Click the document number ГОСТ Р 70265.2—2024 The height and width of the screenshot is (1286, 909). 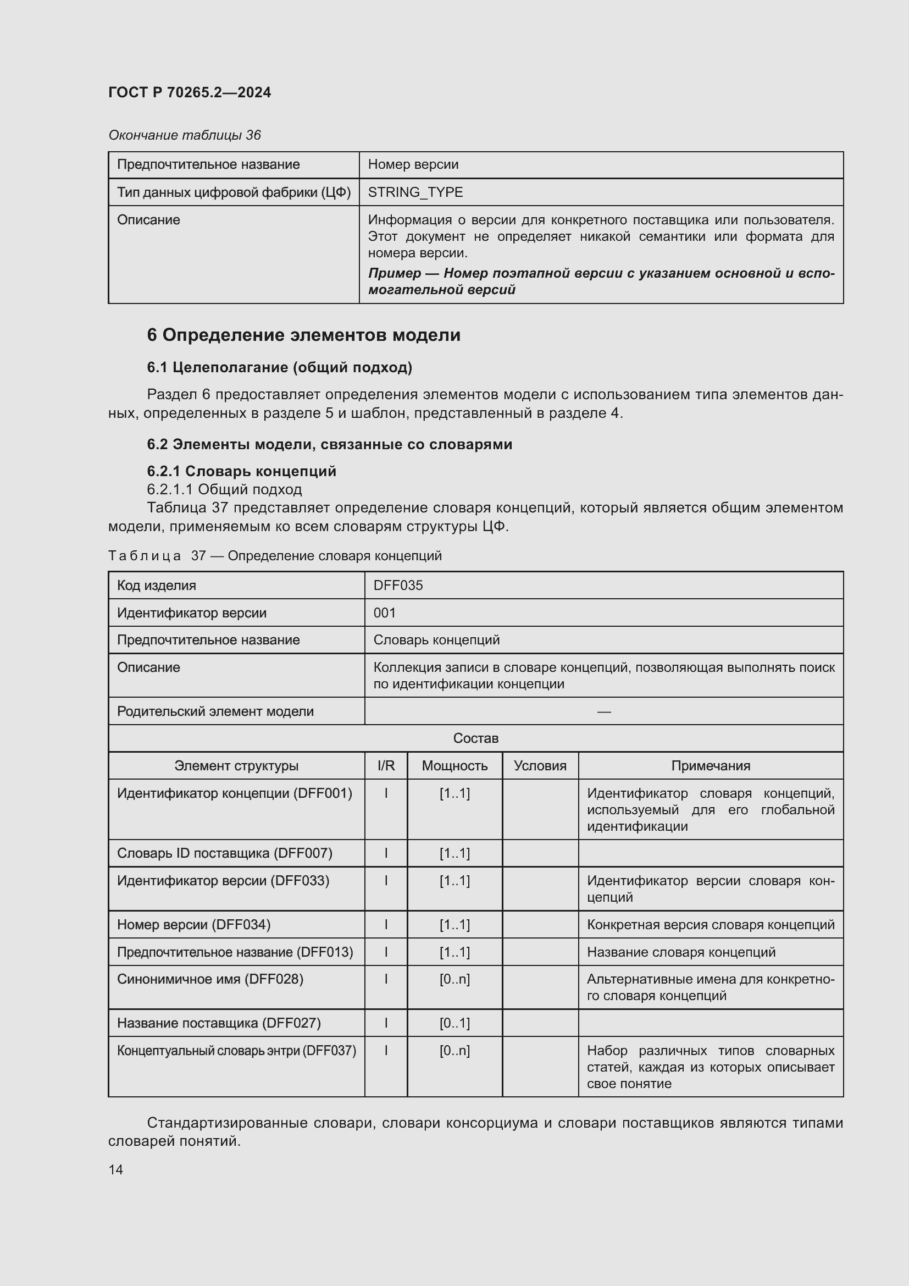[x=190, y=92]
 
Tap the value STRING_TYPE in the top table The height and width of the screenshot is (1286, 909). [x=415, y=192]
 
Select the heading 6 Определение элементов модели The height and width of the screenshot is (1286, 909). [x=303, y=335]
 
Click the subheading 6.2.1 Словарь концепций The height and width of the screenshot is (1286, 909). [x=241, y=471]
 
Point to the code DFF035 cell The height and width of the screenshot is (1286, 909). [x=398, y=586]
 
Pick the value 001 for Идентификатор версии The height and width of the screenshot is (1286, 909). [x=385, y=612]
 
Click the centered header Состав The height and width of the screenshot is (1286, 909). [x=475, y=738]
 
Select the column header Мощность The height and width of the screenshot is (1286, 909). [x=454, y=766]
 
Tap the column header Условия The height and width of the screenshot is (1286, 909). [x=540, y=766]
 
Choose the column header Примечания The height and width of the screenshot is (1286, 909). [x=710, y=766]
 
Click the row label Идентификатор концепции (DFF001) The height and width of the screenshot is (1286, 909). [x=235, y=793]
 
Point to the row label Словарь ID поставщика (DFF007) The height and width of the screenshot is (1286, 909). [x=224, y=853]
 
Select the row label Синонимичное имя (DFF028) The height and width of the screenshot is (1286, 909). [x=210, y=979]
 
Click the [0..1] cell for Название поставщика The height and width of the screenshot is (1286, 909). [x=454, y=1023]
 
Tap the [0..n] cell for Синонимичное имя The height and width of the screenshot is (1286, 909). [x=454, y=979]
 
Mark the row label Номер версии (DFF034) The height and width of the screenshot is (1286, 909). [x=193, y=925]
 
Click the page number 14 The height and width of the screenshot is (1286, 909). [x=116, y=1169]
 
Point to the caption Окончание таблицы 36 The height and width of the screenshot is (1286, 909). [x=184, y=135]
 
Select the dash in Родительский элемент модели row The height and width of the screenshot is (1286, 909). [x=604, y=711]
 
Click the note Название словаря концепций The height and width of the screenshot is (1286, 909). [x=680, y=952]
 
